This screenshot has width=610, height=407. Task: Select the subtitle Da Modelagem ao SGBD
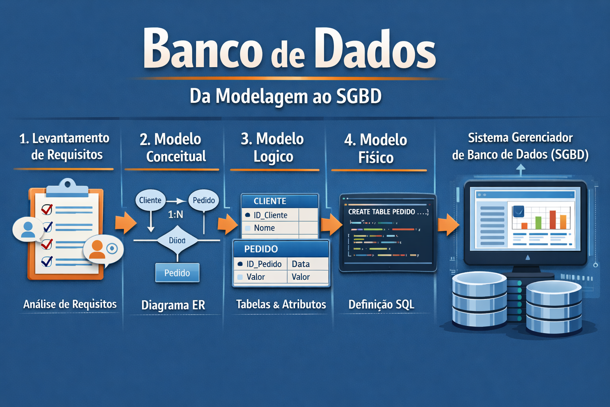[x=286, y=97]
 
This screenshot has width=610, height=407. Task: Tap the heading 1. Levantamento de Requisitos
[x=64, y=146]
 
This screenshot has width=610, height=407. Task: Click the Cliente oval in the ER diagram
[x=150, y=200]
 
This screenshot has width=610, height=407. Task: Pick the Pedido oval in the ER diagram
[x=204, y=200]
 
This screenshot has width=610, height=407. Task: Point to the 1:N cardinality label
[x=176, y=215]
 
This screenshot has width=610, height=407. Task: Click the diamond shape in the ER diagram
[x=177, y=240]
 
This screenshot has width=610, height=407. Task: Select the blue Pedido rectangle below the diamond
[x=177, y=273]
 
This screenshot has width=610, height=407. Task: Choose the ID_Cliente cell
[x=270, y=215]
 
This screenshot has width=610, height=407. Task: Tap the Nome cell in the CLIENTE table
[x=264, y=228]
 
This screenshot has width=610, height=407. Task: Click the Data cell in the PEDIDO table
[x=301, y=264]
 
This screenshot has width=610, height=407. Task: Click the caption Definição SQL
[x=381, y=304]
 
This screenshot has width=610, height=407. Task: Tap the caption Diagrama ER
[x=173, y=305]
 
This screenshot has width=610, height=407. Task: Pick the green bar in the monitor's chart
[x=539, y=223]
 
